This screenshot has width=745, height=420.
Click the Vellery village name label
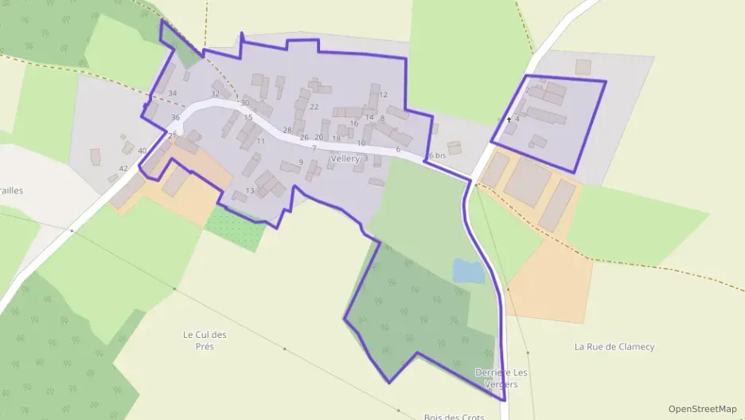click(345, 159)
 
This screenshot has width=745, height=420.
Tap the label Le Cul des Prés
click(205, 340)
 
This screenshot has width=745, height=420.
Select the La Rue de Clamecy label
click(614, 347)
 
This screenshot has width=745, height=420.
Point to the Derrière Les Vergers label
click(501, 378)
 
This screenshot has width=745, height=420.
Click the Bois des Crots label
click(454, 416)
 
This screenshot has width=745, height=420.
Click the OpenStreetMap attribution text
click(702, 409)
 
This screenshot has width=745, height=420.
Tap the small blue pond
click(469, 272)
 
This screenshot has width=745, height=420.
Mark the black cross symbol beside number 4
click(509, 120)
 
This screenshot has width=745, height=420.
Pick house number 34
click(172, 93)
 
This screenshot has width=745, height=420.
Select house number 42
click(123, 168)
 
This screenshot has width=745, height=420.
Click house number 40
click(142, 151)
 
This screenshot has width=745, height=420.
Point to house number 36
click(175, 118)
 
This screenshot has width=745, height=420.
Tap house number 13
click(250, 190)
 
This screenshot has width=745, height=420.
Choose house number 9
click(301, 163)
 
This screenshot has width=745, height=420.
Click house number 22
click(314, 107)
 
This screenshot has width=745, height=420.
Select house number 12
click(384, 95)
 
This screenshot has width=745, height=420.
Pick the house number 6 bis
click(437, 155)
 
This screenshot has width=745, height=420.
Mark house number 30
click(244, 103)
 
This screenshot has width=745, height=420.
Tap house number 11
click(260, 141)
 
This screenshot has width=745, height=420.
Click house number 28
click(287, 130)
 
